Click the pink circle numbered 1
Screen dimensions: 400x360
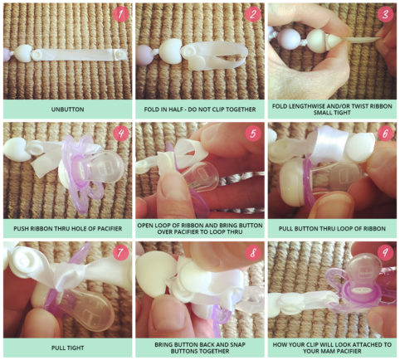pos(120,14)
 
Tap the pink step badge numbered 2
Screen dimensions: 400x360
pos(253,14)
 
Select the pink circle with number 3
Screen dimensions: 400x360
pos(385,14)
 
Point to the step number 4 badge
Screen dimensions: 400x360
pos(120,134)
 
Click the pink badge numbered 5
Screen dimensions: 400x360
pos(253,134)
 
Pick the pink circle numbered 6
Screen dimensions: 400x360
pos(385,134)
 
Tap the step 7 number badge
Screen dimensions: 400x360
pos(120,253)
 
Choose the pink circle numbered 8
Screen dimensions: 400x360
pos(253,253)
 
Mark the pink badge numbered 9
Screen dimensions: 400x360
pos(385,253)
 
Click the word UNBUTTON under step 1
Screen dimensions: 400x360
pos(67,109)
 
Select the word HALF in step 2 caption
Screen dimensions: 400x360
pos(175,109)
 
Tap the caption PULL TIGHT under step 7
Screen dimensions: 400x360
pos(67,348)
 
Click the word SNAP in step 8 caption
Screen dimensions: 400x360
pos(237,345)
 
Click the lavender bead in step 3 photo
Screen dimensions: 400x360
pos(289,40)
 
